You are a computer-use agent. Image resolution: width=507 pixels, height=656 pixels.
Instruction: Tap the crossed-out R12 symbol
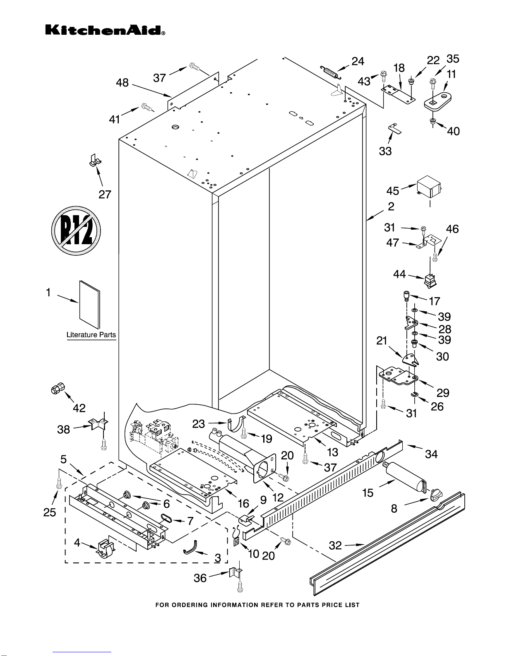77,231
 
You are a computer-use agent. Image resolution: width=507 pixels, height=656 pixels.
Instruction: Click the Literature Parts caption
91,335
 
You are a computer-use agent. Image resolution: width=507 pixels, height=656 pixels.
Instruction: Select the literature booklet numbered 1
89,304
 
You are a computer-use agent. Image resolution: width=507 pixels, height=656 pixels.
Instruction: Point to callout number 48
122,83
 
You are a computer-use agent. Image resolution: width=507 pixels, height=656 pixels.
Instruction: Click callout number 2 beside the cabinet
391,206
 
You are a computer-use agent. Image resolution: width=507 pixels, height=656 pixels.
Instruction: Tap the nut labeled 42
57,389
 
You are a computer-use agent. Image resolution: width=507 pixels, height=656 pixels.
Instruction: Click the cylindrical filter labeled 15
404,478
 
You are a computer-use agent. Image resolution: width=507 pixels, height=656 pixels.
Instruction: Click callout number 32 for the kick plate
335,545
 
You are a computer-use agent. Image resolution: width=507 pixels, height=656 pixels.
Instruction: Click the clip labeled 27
95,161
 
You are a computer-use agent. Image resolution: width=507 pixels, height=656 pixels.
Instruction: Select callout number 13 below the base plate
332,452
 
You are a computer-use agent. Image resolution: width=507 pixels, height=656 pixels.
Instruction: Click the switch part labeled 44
430,280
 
